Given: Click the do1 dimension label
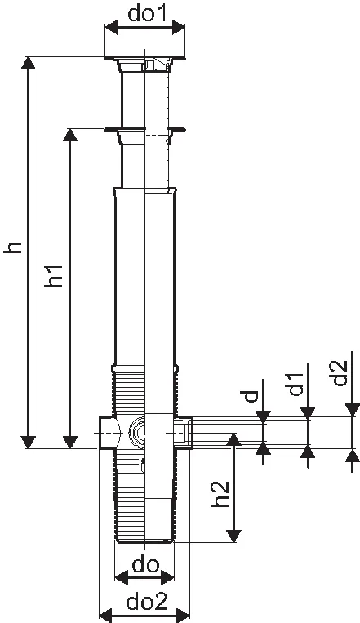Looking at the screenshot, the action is click(146, 14).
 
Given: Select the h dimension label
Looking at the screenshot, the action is click(12, 247).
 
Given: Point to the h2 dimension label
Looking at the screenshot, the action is click(220, 494).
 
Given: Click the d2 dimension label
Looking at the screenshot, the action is click(340, 372).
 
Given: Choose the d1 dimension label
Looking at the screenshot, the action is click(296, 385).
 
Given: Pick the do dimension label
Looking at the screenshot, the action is click(145, 565).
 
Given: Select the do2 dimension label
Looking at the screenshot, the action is click(147, 603).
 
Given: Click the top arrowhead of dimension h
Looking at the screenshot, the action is click(28, 63).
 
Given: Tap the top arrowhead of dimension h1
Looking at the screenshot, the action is click(70, 135).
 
